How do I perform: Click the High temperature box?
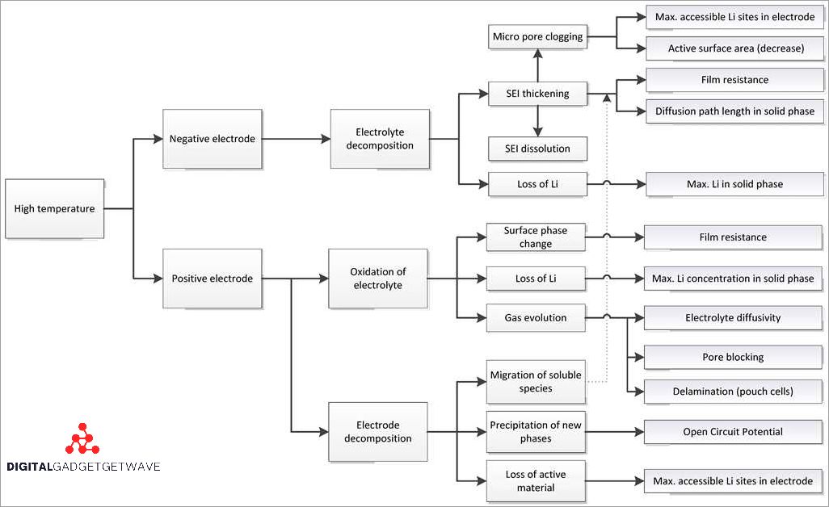pos(54,208)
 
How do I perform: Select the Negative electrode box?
pos(212,139)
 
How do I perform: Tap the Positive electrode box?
pos(212,279)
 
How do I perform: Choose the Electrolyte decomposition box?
pos(379,139)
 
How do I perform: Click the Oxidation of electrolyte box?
pos(377,279)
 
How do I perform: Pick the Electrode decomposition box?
pos(377,432)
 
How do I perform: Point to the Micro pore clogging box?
pos(537,36)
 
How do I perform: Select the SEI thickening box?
pos(537,94)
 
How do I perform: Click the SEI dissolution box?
pos(537,149)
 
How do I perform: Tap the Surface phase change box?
pos(536,237)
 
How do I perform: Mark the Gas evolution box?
pos(536,317)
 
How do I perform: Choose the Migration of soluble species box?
pos(536,381)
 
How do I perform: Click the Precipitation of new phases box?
pos(536,431)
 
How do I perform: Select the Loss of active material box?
pos(536,480)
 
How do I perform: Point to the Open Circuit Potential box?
pos(733,431)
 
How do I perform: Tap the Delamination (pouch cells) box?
pos(733,392)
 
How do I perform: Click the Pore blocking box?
pos(733,357)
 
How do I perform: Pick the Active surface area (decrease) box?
pos(735,48)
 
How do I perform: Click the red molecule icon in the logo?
pos(82,440)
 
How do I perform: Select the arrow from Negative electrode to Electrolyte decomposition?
pos(296,139)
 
